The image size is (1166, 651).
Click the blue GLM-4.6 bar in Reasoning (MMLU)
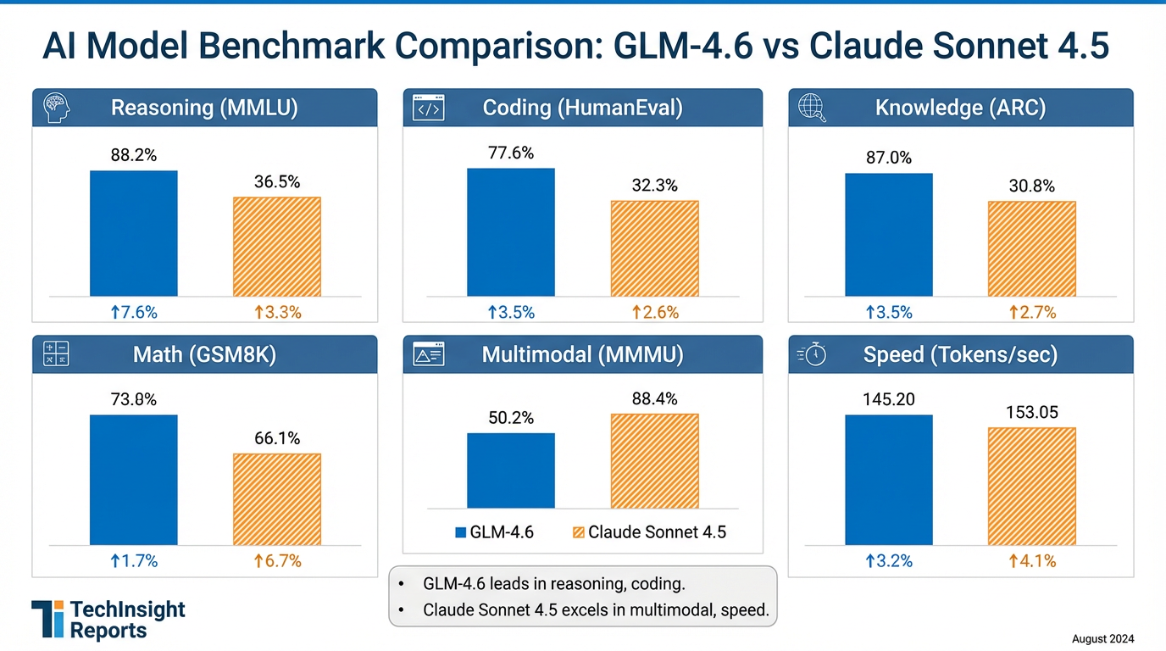click(134, 233)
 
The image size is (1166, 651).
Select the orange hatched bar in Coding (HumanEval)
click(654, 248)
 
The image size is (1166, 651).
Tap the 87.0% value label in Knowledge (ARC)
click(888, 158)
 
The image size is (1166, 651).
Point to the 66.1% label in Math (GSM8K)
click(276, 438)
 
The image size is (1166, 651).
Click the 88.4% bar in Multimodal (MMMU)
click(654, 461)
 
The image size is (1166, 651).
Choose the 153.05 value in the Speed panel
click(1031, 412)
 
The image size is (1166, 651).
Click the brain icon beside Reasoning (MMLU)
click(57, 108)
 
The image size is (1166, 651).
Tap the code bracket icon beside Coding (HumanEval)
click(427, 108)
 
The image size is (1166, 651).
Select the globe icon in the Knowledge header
click(811, 108)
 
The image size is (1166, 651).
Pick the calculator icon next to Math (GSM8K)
click(56, 354)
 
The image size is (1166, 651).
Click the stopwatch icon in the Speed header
click(812, 354)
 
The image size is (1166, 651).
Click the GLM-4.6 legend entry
click(494, 532)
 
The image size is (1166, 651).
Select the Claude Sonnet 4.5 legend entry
click(649, 532)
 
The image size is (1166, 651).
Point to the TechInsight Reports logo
click(108, 620)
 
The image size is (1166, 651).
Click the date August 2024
click(1102, 639)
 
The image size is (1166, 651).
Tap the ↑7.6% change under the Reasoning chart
click(134, 312)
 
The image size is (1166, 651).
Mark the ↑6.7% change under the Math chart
click(277, 560)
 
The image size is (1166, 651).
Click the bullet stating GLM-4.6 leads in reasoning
click(552, 583)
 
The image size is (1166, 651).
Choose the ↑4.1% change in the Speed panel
click(1031, 560)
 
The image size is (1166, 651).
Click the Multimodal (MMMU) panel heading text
click(582, 354)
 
